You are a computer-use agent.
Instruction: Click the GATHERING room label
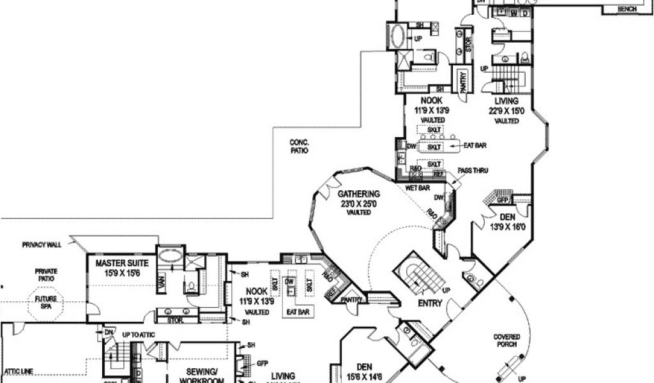pos(358,194)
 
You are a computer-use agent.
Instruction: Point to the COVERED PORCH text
pos(506,341)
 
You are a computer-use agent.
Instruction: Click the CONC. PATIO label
pos(298,148)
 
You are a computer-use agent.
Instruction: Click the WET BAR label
pos(418,188)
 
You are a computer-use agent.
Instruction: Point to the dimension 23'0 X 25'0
pos(358,204)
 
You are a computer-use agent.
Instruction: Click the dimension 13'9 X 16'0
pos(507,227)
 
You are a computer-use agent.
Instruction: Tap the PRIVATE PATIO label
pos(45,275)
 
